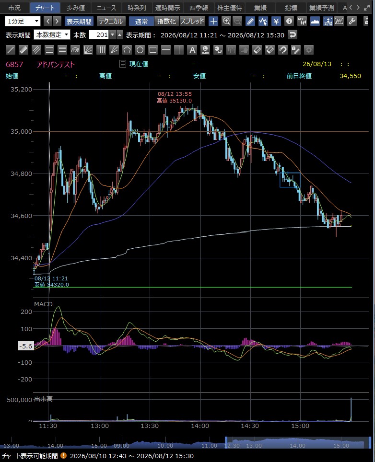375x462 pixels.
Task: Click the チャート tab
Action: point(45,8)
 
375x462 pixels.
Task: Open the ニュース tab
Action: point(106,8)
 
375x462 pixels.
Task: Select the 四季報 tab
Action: point(199,8)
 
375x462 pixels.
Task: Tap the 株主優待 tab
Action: point(229,8)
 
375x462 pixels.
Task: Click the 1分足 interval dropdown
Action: point(23,21)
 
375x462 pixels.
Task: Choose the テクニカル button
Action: point(111,21)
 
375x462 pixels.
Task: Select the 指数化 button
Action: point(166,21)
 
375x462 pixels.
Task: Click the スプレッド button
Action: point(192,21)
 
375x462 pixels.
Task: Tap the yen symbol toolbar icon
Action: point(276,21)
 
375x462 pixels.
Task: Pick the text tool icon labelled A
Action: point(192,50)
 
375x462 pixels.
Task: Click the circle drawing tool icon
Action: point(140,50)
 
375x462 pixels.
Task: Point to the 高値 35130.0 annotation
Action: point(174,101)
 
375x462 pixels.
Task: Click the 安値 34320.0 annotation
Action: point(52,285)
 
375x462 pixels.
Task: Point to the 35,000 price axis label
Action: point(21,131)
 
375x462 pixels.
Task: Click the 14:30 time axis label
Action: point(250,426)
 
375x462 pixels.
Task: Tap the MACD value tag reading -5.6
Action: point(25,346)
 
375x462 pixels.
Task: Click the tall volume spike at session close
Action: point(351,410)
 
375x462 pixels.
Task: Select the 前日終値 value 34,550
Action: point(350,76)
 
